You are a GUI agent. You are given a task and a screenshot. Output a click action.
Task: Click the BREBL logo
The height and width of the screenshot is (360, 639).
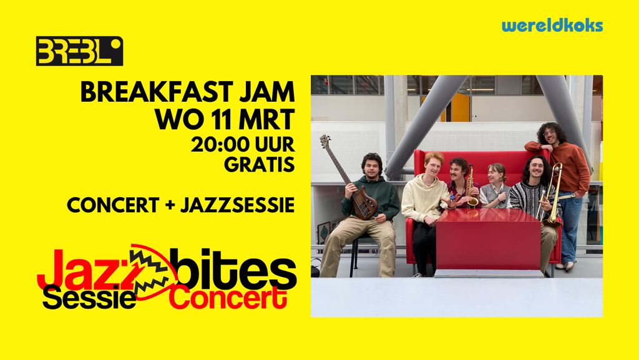pos(79,51)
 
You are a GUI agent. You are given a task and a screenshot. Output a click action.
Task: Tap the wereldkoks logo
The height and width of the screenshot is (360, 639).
pos(552,26)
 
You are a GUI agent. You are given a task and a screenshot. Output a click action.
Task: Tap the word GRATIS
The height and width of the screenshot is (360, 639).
pos(259,164)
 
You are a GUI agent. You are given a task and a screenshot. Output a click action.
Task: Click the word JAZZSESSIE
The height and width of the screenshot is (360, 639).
pos(237,205)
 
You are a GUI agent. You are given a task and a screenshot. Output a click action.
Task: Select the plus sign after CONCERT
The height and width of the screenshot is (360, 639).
pos(169,205)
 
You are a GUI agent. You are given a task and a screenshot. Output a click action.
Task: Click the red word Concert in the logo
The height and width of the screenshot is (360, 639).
pos(228,298)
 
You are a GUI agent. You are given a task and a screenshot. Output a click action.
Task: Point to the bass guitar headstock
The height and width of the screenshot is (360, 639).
pos(326,142)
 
